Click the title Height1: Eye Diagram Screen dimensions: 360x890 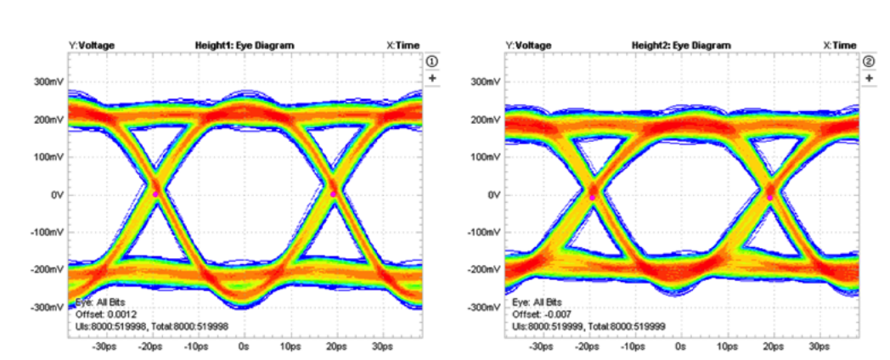[245, 45]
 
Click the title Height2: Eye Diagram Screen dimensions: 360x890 [680, 45]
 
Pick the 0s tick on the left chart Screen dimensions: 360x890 [244, 347]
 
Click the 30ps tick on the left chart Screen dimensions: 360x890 [381, 347]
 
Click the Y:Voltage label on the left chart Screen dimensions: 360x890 [92, 45]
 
